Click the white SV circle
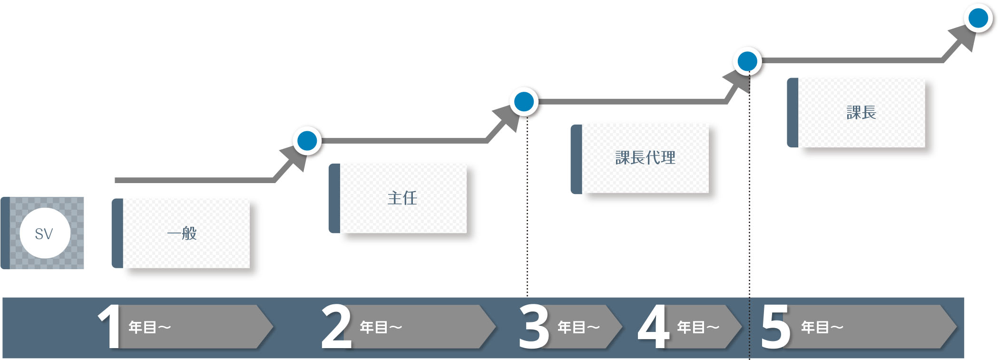(x=45, y=233)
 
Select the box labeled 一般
(x=181, y=233)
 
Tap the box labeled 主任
(x=398, y=198)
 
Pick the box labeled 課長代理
(x=640, y=159)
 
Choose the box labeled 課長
(x=856, y=113)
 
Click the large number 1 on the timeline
(x=109, y=327)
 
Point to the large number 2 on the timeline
(x=336, y=327)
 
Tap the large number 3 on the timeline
(x=534, y=327)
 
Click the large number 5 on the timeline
(x=775, y=327)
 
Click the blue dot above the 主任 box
(x=307, y=141)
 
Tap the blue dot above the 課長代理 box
(x=524, y=102)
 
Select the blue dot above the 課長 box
(x=747, y=61)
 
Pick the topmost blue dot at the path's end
(x=978, y=19)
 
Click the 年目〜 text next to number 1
(x=149, y=327)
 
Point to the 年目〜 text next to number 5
(x=822, y=327)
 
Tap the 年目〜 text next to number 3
(x=578, y=327)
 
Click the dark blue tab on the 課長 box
(x=793, y=113)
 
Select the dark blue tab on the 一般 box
(x=117, y=233)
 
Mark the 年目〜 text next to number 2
(x=381, y=327)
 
